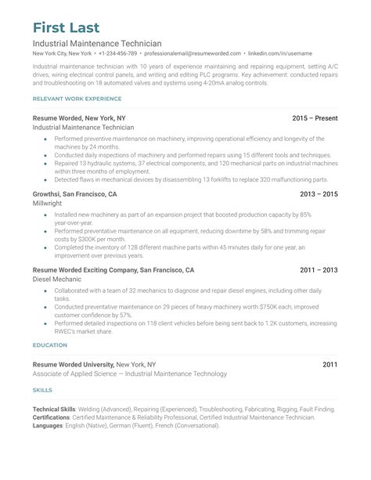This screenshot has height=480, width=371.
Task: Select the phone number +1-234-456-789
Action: coord(117,53)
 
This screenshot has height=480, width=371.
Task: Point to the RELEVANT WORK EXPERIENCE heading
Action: coord(77,99)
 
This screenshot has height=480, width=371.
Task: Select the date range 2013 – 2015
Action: coord(319,193)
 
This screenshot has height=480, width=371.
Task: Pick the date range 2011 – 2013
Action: coord(319,269)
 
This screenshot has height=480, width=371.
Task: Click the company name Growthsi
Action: coord(49,193)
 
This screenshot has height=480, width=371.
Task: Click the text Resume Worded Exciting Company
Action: coord(85,269)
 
